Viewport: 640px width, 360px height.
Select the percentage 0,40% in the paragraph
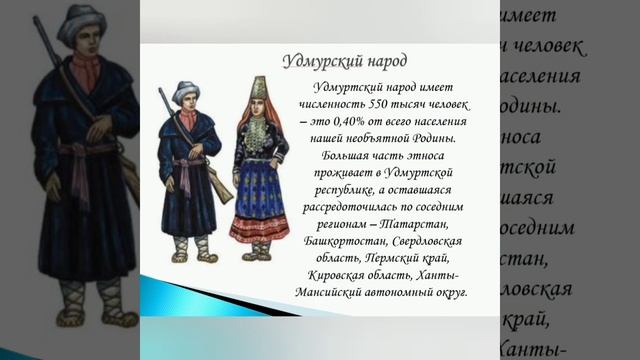point(355,123)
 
